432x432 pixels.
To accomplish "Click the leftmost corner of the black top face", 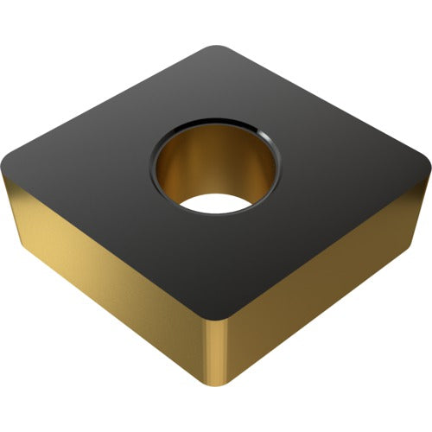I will pyautogui.click(x=10, y=164).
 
